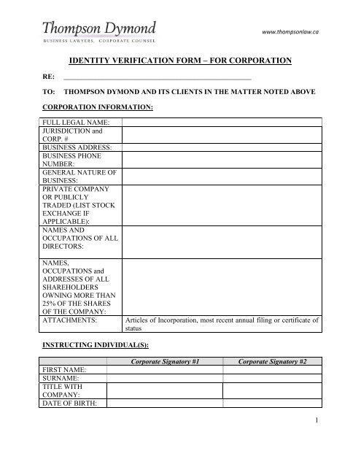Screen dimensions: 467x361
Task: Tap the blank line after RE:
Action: (158, 76)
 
